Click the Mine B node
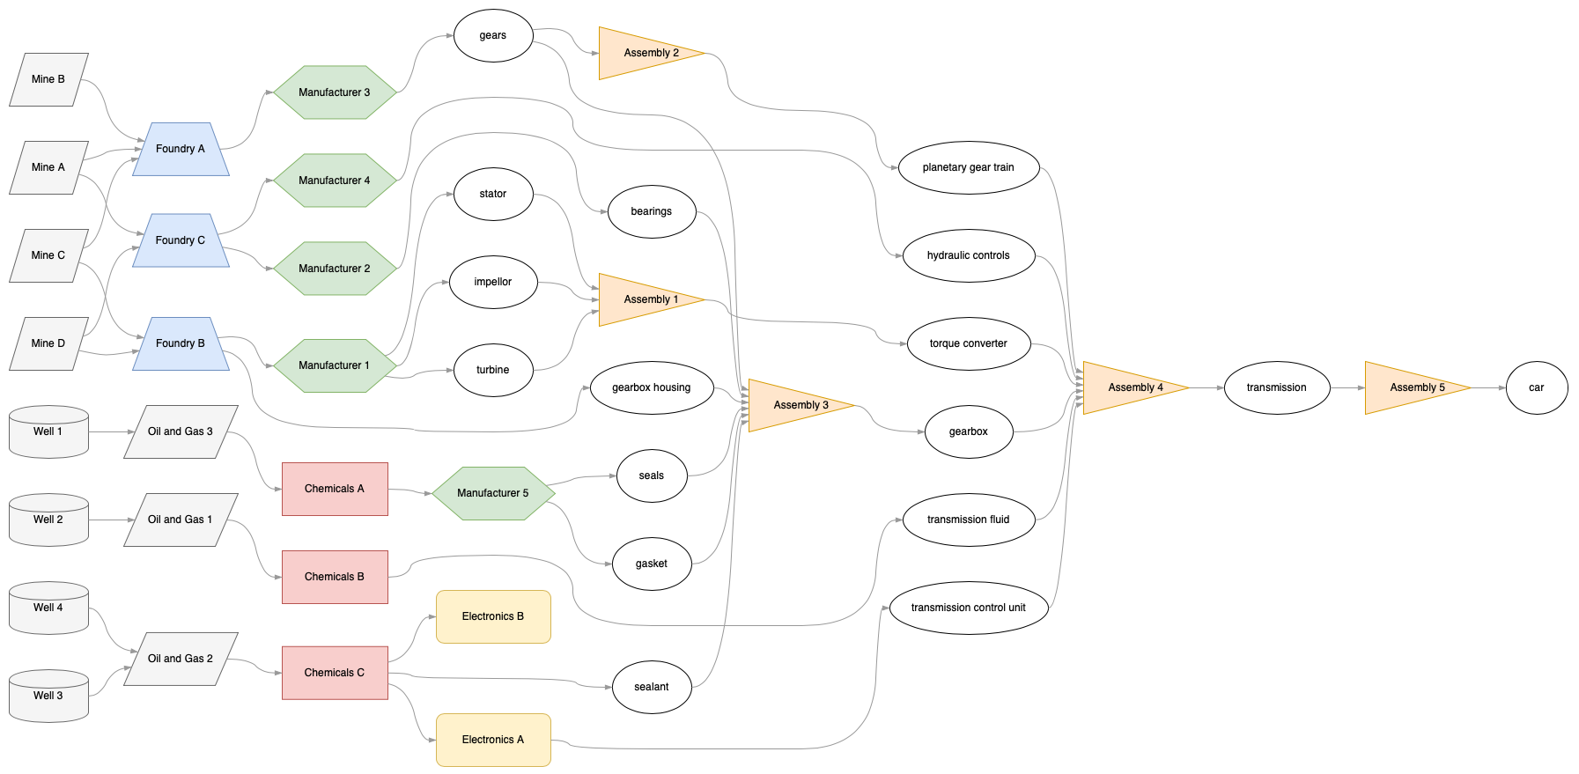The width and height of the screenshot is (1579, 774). coord(48,79)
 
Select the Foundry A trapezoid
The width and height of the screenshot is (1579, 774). coord(181,149)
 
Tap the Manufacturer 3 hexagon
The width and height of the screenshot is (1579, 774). coord(335,92)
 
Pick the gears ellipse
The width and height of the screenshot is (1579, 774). coord(493,36)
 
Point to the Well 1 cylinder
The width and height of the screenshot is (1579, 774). coord(48,432)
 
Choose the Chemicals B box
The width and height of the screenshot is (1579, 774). coord(335,577)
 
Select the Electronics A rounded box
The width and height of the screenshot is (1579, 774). coord(493,740)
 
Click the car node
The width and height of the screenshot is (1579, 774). coord(1536,387)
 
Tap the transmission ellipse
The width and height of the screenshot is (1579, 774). coord(1276,387)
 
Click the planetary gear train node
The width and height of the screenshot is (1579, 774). coord(968,167)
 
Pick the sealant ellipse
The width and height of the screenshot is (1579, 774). coord(652,687)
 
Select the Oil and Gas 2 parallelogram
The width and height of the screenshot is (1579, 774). coord(181,659)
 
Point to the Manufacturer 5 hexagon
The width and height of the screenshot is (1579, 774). coord(493,493)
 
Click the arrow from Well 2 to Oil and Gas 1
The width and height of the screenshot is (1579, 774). coord(112,520)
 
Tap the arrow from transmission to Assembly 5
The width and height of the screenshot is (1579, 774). coord(1347,387)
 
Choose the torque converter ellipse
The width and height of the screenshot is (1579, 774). coord(968,343)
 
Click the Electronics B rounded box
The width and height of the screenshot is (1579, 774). coord(493,616)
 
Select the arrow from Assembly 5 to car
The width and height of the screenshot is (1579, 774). coord(1488,387)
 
